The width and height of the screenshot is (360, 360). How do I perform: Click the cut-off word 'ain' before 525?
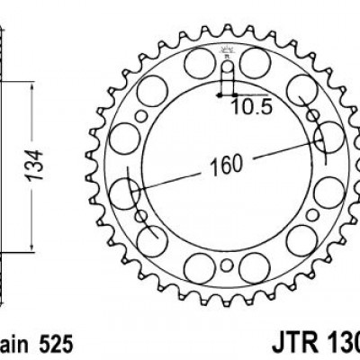13,345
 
